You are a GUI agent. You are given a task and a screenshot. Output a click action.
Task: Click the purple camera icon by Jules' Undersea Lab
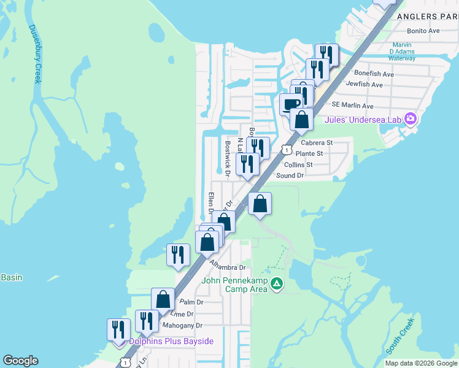point(411,118)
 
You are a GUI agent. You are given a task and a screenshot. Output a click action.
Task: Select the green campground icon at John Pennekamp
point(277,283)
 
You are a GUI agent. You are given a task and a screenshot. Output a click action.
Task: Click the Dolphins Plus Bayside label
point(171,340)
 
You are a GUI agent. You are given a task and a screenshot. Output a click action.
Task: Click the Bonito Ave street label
point(423,31)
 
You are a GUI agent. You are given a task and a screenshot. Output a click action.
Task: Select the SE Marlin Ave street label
point(352,105)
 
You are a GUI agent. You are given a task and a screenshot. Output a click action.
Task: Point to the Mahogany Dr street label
point(182,326)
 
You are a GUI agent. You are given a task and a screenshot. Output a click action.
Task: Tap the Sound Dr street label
point(290,175)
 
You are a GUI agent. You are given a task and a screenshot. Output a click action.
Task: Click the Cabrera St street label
point(317,143)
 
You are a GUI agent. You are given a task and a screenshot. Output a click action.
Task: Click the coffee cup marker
point(291,104)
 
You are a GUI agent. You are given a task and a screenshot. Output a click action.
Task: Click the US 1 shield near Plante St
point(286,150)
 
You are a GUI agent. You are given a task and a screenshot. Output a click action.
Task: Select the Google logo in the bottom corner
point(20,361)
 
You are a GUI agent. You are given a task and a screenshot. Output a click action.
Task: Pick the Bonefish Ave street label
point(374,74)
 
